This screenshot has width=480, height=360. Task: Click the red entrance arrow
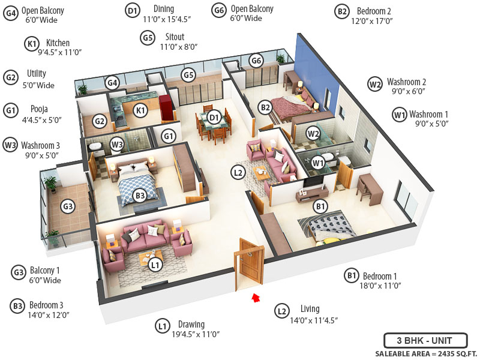click(256, 296)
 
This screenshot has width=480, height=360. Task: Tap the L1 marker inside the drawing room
click(155, 265)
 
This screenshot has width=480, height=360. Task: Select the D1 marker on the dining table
click(214, 117)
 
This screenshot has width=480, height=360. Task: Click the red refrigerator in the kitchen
click(164, 107)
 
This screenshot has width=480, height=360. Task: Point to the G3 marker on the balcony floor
click(68, 208)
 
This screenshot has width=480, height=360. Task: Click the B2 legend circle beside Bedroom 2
click(342, 11)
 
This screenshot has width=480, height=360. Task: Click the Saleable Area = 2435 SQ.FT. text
click(421, 353)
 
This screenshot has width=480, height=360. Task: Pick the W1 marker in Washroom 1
click(318, 161)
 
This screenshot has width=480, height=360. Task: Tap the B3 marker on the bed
click(140, 195)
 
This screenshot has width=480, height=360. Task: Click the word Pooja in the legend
click(40, 109)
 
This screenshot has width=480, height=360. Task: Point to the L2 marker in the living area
click(238, 173)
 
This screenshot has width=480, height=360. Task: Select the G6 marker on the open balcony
click(256, 61)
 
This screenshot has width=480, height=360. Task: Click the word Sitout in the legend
click(175, 37)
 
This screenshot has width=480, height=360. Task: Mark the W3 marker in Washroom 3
click(118, 144)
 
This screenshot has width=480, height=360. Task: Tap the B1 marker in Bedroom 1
click(321, 207)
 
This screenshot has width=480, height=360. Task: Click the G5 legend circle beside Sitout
click(148, 37)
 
